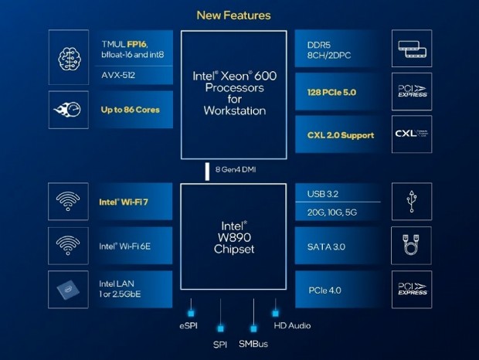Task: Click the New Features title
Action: tap(233, 15)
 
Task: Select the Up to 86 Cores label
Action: tap(131, 110)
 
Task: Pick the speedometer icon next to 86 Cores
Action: tap(69, 110)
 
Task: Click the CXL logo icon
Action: tap(411, 134)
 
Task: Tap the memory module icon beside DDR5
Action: tap(411, 49)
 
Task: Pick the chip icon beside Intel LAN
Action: tap(69, 289)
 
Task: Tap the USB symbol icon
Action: tap(411, 203)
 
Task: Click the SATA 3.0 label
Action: tap(328, 246)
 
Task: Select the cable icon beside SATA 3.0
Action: tap(411, 246)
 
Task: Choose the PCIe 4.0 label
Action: tap(325, 289)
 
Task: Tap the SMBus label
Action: tap(253, 341)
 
